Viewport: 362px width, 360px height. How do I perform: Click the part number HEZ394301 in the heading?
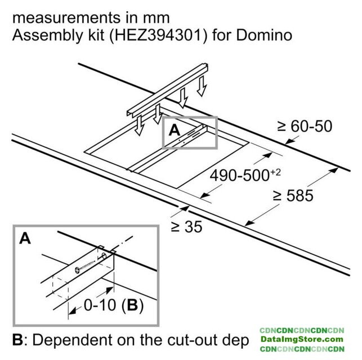coord(158,35)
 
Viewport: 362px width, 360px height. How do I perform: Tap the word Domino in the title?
coord(264,35)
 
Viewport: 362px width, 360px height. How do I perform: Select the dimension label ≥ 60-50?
coord(305,126)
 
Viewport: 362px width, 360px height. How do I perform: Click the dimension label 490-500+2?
coord(245,175)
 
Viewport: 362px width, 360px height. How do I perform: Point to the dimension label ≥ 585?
coord(293,196)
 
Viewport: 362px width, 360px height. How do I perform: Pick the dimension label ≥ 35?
coord(186,227)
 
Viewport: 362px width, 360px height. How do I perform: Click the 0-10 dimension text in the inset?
coord(100,305)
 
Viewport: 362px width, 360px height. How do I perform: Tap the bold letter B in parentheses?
coord(132,305)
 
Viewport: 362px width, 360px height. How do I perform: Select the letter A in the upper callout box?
coord(175,130)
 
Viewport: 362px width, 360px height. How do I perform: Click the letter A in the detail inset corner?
coord(25,238)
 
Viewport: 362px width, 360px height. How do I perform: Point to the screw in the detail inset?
coord(85,267)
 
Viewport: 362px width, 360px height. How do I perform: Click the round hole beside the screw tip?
coord(104,256)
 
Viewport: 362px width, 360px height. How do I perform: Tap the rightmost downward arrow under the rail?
coord(202,86)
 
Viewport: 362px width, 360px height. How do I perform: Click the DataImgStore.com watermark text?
coord(302,339)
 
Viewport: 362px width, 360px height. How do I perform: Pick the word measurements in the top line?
coord(66,18)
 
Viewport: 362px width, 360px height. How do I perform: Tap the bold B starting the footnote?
coord(18,340)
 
